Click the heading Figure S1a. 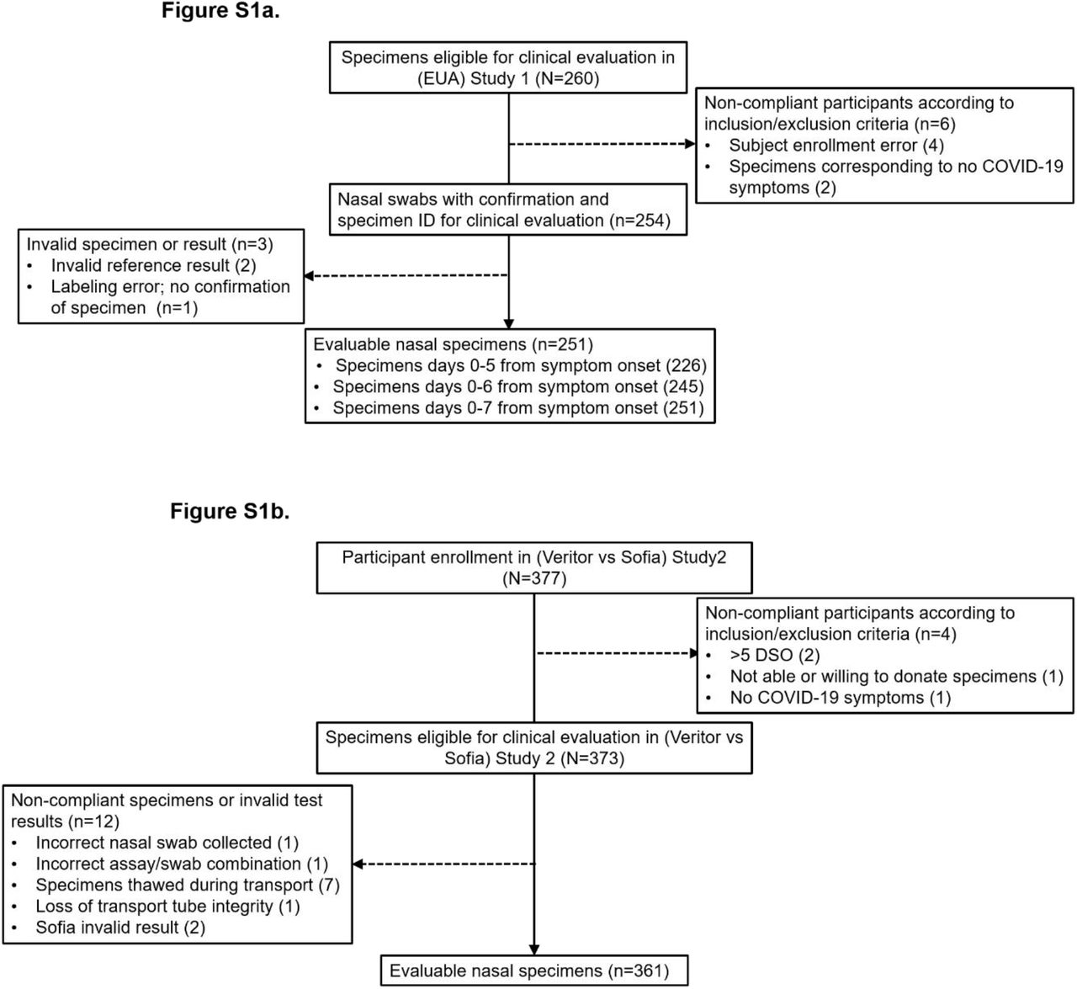tap(220, 11)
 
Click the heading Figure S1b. tap(230, 511)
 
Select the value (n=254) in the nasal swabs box tap(640, 221)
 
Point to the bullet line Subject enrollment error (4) tap(836, 145)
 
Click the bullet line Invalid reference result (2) tap(153, 265)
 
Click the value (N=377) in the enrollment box tap(534, 578)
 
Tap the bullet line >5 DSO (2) tap(775, 655)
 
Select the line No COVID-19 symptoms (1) tap(841, 697)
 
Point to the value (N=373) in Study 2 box tap(592, 758)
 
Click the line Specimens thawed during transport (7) tap(188, 885)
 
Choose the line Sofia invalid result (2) tap(121, 928)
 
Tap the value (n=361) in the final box tap(639, 970)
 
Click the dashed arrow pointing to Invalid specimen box tap(406, 275)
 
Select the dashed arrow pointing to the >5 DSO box tap(617, 653)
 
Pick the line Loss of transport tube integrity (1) tap(167, 907)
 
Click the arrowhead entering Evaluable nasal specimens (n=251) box tap(508, 324)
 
